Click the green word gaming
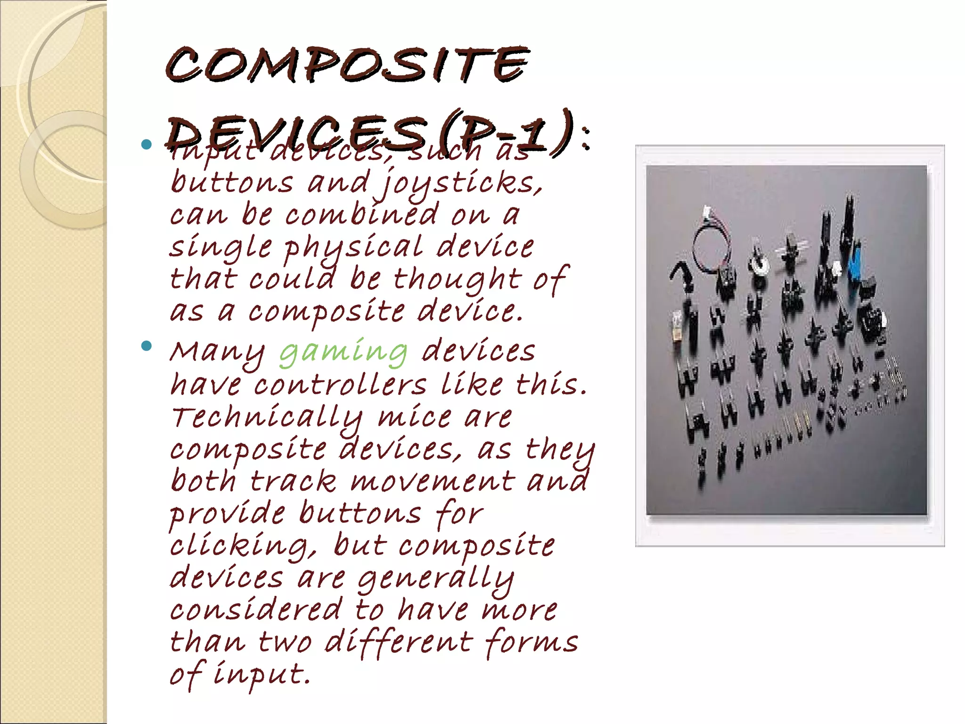(x=343, y=352)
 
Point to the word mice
(x=414, y=418)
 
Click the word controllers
(x=340, y=385)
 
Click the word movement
(x=432, y=482)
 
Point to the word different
(x=398, y=642)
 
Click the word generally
(x=435, y=579)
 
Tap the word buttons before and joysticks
(x=231, y=182)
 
